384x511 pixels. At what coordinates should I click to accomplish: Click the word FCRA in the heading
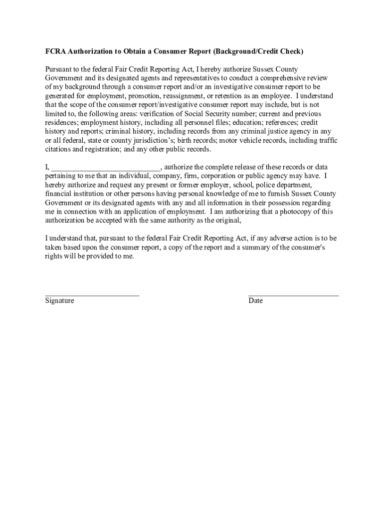[55, 51]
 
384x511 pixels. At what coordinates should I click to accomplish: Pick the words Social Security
[211, 114]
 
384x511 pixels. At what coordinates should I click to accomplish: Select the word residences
[61, 123]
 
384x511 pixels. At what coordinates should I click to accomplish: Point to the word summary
[258, 248]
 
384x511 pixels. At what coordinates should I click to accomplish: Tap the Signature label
[59, 301]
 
